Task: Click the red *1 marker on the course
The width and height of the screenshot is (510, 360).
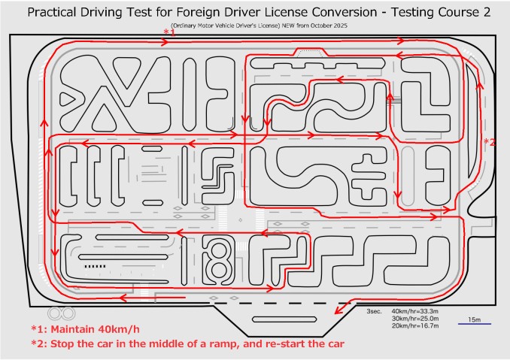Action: [169, 32]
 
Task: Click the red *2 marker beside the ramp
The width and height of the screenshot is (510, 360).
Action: [490, 142]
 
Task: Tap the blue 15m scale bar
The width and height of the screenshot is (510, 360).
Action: [474, 324]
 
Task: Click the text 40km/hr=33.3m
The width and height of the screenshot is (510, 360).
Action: [414, 311]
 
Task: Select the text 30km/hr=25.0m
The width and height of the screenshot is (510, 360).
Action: [414, 319]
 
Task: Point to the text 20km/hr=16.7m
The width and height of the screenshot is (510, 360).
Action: [414, 325]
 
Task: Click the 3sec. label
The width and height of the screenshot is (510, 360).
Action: [374, 311]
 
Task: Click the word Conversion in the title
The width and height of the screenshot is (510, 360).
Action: [345, 12]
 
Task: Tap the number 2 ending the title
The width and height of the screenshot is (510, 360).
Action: [486, 12]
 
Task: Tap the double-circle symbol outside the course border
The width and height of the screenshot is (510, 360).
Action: [62, 313]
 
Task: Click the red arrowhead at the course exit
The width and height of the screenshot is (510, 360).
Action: [339, 310]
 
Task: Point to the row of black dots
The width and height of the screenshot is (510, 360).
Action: [95, 266]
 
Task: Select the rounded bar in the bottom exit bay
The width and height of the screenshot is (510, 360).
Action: [284, 319]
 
